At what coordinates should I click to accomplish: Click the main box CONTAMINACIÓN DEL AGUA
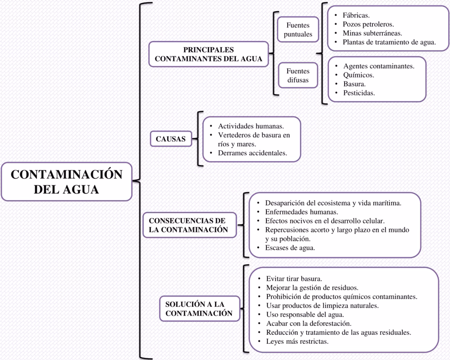(66, 181)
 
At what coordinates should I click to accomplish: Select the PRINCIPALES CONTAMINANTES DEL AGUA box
(209, 54)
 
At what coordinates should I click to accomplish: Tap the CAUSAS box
(171, 139)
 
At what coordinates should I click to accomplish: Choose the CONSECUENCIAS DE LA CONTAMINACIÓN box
(187, 225)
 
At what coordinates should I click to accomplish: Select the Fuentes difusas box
(298, 75)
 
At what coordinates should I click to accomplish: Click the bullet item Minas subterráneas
(372, 34)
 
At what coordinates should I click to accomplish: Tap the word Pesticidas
(359, 93)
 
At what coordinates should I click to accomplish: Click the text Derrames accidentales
(252, 153)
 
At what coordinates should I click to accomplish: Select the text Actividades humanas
(251, 126)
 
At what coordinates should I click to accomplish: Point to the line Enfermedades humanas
(301, 211)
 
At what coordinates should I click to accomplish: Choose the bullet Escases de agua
(290, 247)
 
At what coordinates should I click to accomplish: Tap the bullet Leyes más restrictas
(297, 342)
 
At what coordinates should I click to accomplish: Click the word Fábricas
(356, 15)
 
